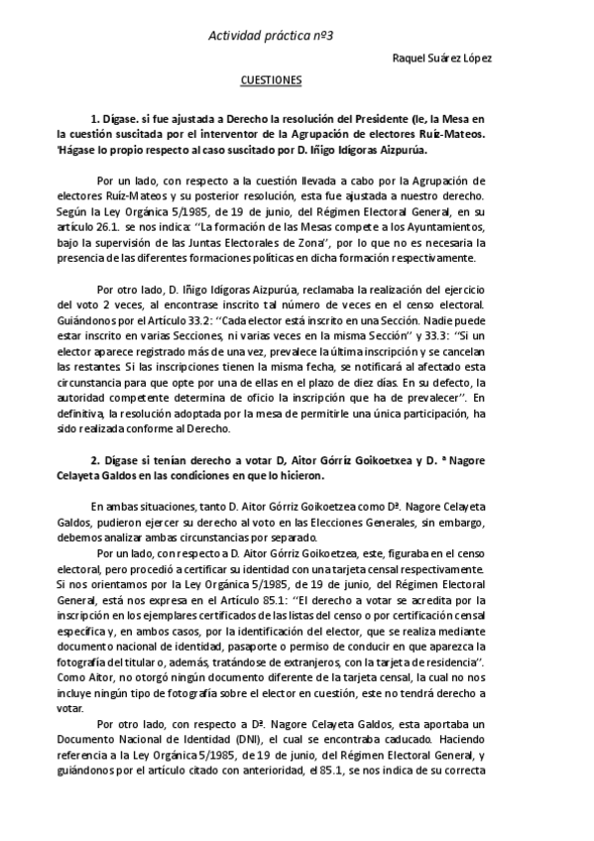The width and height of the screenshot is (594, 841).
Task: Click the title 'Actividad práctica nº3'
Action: pyautogui.click(x=270, y=35)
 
